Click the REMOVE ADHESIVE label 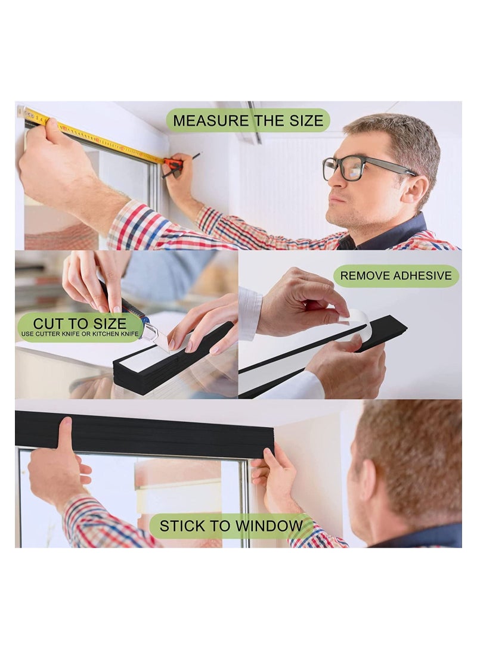[x=396, y=276]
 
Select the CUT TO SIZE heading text [x=79, y=323]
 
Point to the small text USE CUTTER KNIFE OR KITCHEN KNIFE [x=79, y=334]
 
